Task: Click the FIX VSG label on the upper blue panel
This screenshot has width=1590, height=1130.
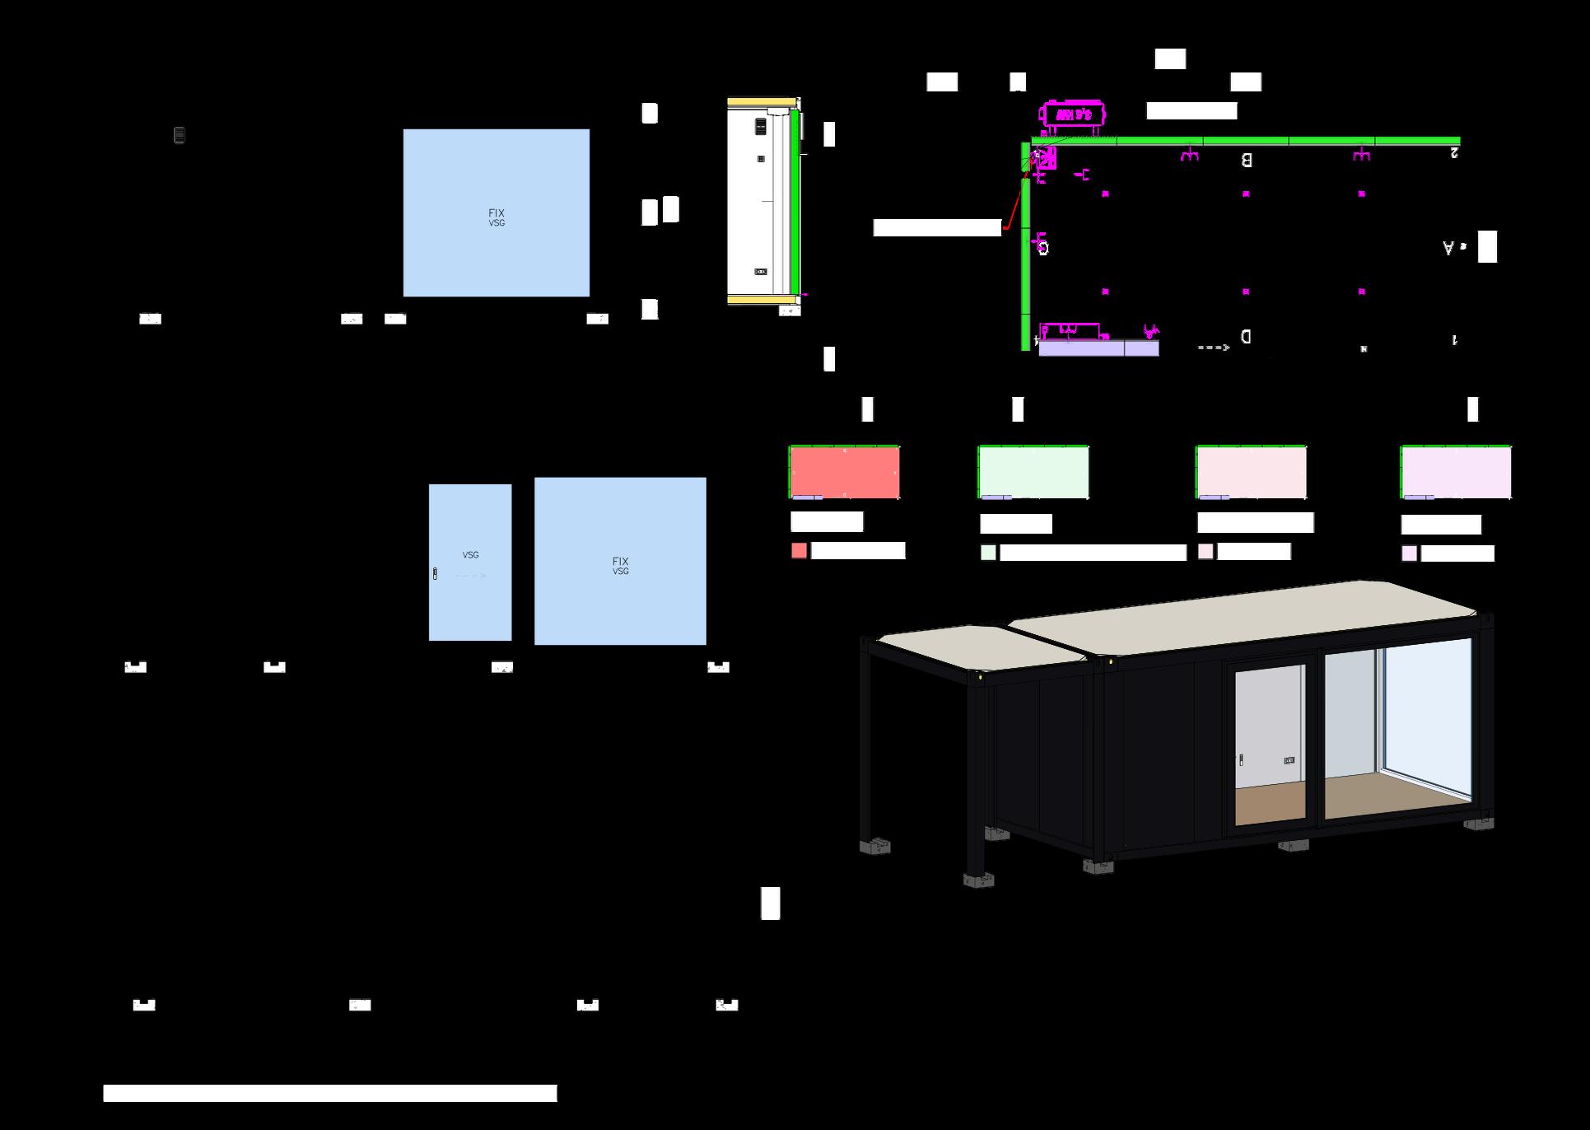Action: pos(497,217)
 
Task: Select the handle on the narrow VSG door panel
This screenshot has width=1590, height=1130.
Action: pos(435,574)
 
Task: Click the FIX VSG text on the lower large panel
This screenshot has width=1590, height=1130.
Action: pos(620,566)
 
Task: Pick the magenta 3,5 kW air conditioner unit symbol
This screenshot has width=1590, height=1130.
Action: pos(1074,114)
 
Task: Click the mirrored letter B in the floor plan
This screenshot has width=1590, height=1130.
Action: pos(1247,160)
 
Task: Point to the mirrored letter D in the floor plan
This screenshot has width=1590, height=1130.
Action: pos(1246,336)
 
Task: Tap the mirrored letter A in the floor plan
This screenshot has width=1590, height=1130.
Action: pos(1448,247)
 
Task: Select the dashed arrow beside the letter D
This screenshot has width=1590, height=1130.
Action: pos(1213,348)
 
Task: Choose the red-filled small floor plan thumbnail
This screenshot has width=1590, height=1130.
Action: pos(844,472)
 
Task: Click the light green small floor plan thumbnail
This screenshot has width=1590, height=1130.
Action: pos(1033,472)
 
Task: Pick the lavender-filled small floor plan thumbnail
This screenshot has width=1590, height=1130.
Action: pos(1456,472)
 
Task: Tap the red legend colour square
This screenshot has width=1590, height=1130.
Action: pos(799,551)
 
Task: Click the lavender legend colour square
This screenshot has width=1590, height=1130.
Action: pos(1410,553)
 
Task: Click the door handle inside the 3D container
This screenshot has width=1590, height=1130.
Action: pos(1241,759)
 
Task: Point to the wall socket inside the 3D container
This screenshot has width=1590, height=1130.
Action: pos(1289,760)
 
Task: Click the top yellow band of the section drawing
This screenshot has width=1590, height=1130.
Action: pos(761,102)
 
